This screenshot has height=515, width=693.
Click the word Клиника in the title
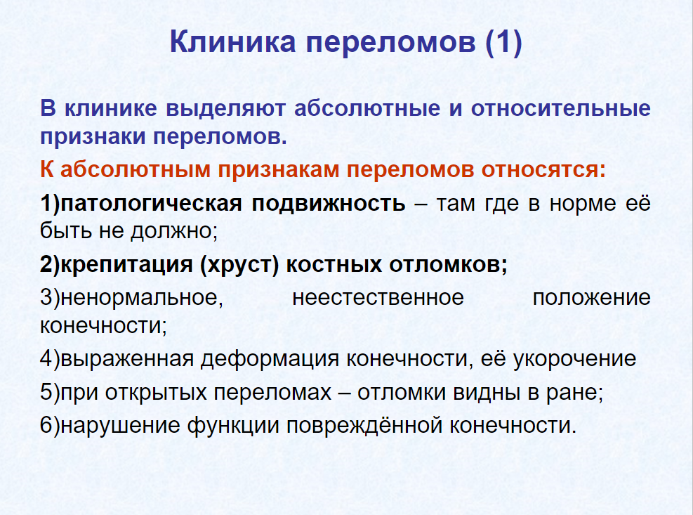point(232,41)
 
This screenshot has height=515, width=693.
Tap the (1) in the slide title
point(503,42)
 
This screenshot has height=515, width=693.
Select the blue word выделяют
point(225,109)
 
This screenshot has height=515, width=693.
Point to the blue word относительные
point(561,108)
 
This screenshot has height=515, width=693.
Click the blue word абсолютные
point(367,108)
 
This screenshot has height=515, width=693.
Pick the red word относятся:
point(543,170)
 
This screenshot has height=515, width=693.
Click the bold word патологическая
point(151,204)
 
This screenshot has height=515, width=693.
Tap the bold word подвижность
point(329,204)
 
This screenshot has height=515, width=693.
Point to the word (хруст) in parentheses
point(239,265)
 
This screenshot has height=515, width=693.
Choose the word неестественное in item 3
point(378,298)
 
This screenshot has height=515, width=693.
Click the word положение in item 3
point(592,298)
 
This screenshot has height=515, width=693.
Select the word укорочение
point(574,359)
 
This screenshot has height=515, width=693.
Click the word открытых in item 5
point(156,393)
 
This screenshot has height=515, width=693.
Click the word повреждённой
point(364,425)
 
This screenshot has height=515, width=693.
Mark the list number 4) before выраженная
point(49,359)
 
